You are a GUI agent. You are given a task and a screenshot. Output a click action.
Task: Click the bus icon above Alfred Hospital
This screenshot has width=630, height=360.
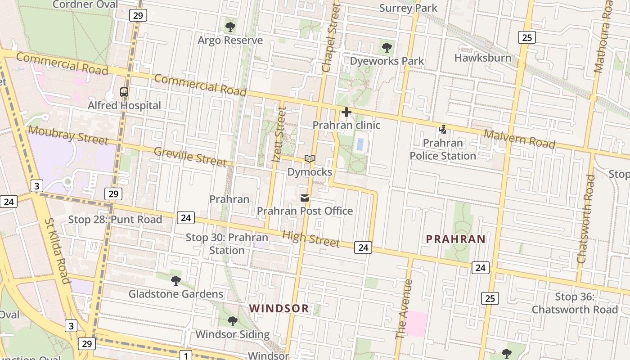(124, 92)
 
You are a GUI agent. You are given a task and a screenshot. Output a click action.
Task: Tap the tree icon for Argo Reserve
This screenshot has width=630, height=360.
(230, 27)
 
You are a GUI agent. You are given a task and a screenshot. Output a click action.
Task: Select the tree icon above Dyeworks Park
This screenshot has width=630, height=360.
(387, 48)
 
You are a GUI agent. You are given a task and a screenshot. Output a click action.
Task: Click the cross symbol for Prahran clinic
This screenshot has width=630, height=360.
(346, 112)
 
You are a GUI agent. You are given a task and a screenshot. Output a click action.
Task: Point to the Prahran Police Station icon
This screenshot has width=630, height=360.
(443, 130)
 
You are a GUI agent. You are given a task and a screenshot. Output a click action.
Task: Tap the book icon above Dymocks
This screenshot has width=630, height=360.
(309, 159)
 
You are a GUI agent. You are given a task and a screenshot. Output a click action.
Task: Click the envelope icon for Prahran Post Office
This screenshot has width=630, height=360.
(305, 198)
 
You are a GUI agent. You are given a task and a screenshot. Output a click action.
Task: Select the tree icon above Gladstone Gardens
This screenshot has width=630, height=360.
(176, 281)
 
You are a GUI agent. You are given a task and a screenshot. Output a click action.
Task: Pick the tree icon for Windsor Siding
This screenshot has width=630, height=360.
(232, 321)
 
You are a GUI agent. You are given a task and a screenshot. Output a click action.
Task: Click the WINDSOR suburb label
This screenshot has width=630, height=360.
(279, 309)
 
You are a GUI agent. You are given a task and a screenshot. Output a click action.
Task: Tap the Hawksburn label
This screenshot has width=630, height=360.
(483, 58)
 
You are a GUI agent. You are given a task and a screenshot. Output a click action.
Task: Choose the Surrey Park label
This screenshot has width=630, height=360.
(408, 8)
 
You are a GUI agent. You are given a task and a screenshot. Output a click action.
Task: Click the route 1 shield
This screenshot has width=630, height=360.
(185, 355)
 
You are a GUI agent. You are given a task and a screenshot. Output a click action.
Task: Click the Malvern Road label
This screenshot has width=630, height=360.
(519, 139)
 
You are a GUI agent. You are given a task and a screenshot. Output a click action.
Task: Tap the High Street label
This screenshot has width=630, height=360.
(310, 238)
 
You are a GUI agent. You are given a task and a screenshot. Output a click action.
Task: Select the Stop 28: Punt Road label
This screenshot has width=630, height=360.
(115, 220)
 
